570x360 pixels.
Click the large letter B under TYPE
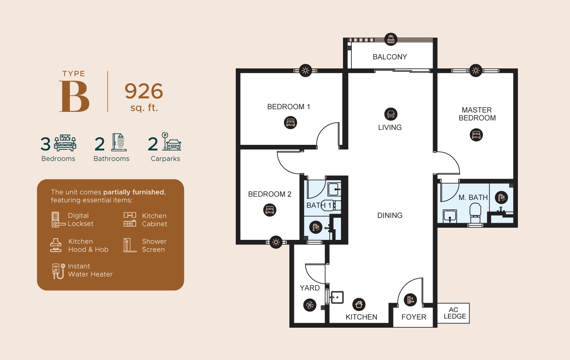pos(75,97)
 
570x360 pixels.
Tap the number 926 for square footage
pos(144,91)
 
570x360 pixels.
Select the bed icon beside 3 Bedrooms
pos(65,143)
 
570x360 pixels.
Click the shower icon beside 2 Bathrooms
pos(119,143)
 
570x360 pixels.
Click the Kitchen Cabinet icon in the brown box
pos(130,220)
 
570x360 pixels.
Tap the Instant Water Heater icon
pos(58,271)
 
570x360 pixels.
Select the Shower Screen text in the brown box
pos(154,246)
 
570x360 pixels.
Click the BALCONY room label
pos(390,57)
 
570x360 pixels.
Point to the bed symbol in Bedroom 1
pos(291,123)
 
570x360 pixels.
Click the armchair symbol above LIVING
pos(391,114)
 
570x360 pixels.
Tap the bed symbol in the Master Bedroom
pos(476,135)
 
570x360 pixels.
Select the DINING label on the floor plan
pos(390,216)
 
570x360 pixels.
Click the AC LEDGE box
pos(454,313)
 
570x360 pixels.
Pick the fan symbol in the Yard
pos(310,305)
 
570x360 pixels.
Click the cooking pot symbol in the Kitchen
pos(359,304)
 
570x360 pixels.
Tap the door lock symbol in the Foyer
pos(410,300)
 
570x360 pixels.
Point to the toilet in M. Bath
pos(475,213)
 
